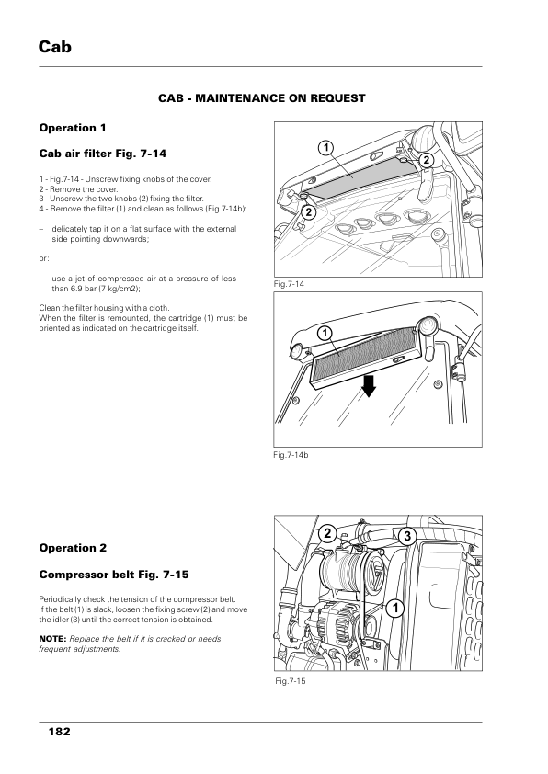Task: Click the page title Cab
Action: click(x=55, y=47)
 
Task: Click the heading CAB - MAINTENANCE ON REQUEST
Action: click(x=262, y=98)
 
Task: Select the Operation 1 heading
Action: click(x=73, y=128)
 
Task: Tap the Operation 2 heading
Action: click(x=73, y=548)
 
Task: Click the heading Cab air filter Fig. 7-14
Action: click(x=103, y=154)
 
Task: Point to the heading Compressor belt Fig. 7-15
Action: click(x=114, y=575)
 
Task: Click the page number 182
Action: click(x=59, y=732)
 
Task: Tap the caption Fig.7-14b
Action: click(x=291, y=455)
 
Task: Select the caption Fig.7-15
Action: click(x=291, y=681)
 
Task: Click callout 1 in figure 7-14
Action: click(x=325, y=148)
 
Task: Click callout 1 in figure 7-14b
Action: click(x=325, y=334)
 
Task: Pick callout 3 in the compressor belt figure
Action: click(x=407, y=536)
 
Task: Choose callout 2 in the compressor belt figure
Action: click(x=327, y=533)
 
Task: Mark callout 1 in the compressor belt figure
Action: click(x=395, y=608)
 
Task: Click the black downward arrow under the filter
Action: click(x=369, y=386)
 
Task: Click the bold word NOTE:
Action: click(x=52, y=639)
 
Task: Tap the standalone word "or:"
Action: click(x=44, y=258)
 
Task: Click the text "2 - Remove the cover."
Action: click(x=78, y=189)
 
